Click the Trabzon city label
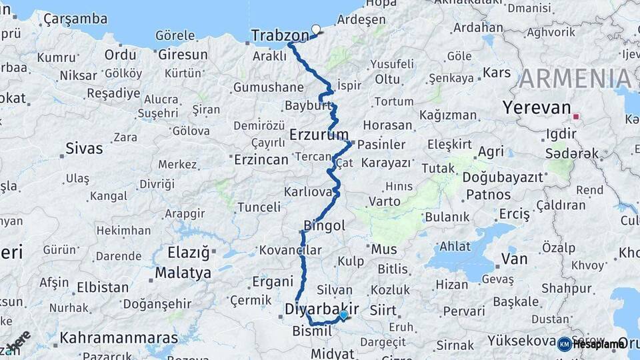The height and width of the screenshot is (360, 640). tap(280, 35)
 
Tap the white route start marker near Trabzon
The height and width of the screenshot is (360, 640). tap(316, 29)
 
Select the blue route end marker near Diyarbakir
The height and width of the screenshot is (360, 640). tap(343, 315)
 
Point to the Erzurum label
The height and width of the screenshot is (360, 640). tap(319, 135)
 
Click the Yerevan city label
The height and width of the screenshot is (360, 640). tap(537, 107)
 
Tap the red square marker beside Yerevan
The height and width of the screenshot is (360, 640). tap(576, 117)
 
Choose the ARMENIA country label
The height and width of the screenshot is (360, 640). tap(575, 79)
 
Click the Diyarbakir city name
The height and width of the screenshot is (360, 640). tap(321, 309)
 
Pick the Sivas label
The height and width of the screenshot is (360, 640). tap(84, 148)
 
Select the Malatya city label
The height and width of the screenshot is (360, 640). tap(183, 273)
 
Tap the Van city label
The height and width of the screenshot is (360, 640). tap(514, 259)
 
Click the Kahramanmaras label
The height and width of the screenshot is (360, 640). tap(119, 337)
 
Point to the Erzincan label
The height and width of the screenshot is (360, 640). tap(261, 160)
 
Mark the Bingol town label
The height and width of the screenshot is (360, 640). tap(324, 226)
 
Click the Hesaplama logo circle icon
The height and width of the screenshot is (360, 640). tap(564, 344)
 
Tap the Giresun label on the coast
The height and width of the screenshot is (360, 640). tap(183, 55)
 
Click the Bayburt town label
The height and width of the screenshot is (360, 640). tap(307, 106)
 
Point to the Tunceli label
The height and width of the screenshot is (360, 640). tap(259, 207)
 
